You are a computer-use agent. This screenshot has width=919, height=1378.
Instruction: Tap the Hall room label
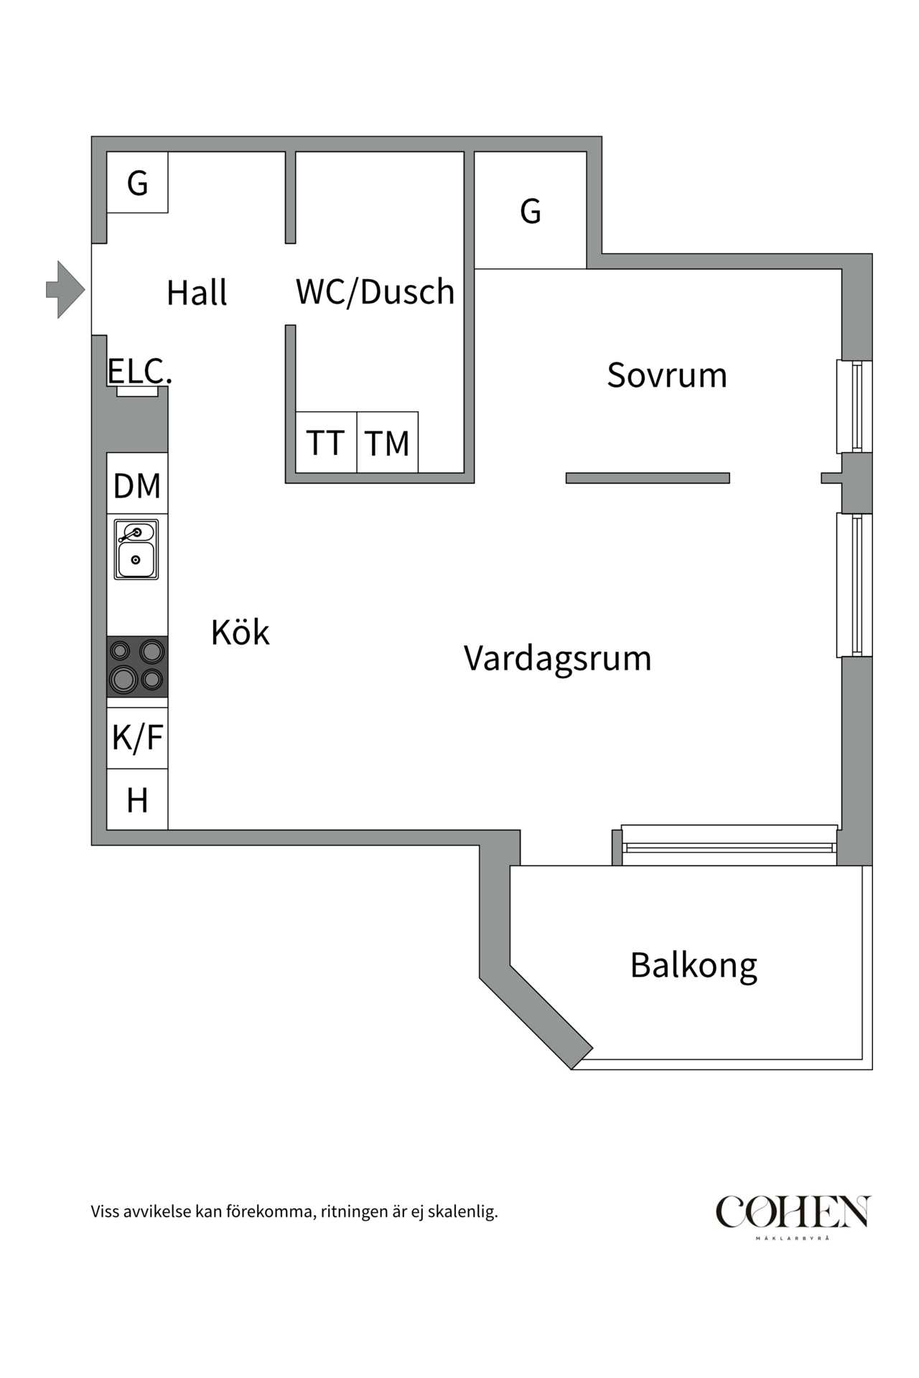(197, 293)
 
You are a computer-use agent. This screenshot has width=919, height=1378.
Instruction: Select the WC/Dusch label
(375, 292)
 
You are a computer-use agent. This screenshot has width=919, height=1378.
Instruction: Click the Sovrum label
(667, 375)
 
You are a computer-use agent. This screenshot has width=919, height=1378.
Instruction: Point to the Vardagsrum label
(557, 658)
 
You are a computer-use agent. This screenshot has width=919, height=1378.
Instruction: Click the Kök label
(240, 632)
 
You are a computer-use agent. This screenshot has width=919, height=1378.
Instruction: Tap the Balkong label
(694, 965)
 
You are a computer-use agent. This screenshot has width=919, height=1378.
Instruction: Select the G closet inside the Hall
(137, 183)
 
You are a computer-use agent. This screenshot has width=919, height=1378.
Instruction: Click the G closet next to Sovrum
(531, 211)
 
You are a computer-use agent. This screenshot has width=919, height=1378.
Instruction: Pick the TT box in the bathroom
(326, 443)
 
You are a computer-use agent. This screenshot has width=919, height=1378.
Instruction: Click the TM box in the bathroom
(387, 443)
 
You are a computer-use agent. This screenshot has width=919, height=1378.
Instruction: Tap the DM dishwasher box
(137, 484)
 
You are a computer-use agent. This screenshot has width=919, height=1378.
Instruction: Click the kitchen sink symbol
(136, 550)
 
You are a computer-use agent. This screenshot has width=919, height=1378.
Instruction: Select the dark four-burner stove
(137, 666)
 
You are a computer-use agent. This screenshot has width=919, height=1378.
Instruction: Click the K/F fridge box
(137, 738)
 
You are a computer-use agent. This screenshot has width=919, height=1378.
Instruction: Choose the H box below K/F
(137, 800)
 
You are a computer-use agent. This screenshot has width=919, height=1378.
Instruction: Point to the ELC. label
(139, 372)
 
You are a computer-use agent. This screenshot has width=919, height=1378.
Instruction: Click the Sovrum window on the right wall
(854, 406)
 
